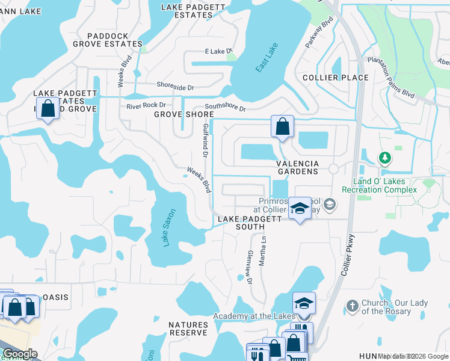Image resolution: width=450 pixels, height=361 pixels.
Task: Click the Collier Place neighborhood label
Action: click(336, 78)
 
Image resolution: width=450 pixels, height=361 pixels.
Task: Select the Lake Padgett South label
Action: click(241, 223)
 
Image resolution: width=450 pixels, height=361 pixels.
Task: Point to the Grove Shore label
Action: click(183, 114)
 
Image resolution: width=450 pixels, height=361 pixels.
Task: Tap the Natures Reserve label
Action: click(188, 329)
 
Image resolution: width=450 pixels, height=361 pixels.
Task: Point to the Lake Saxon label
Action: click(167, 229)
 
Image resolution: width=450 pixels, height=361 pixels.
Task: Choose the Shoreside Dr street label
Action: click(175, 87)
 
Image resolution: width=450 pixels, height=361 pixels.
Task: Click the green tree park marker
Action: click(384, 158)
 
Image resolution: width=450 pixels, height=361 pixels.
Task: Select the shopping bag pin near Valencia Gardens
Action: click(282, 127)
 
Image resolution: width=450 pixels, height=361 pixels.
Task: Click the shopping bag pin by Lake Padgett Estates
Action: click(48, 109)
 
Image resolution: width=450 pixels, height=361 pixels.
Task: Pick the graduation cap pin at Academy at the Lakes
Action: click(304, 303)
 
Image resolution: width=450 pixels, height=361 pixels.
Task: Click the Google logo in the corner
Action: click(19, 354)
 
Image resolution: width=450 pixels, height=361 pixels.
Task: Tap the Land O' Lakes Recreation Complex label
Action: click(379, 185)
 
